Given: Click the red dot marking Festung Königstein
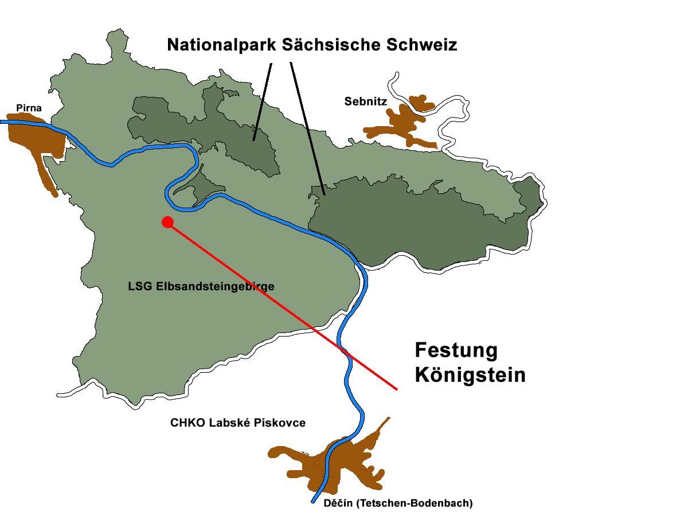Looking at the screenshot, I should click(167, 222).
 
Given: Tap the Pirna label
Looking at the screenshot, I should click(29, 108).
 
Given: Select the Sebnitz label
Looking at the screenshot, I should click(366, 101).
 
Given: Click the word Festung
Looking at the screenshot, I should click(456, 350).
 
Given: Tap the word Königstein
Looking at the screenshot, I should click(470, 375).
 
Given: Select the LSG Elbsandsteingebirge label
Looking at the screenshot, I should click(201, 286).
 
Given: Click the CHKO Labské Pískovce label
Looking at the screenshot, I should click(238, 423).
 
